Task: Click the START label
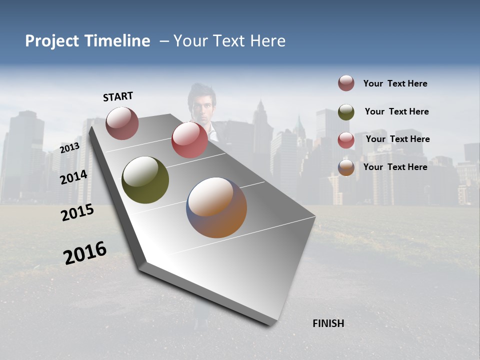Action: coord(118,96)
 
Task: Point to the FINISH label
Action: coord(328,323)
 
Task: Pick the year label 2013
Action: coord(69,148)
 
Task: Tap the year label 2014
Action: coord(73,177)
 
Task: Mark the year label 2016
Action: coord(85,253)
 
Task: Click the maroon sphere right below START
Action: coord(122,123)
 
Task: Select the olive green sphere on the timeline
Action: coord(145,180)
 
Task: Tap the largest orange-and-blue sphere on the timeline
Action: coord(216,207)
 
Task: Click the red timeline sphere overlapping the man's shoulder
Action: coord(189,139)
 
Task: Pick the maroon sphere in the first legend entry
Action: coord(346,83)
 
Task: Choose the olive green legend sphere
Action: coord(346,112)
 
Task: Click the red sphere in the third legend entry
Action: coord(346,140)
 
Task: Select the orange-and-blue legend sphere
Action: coord(346,167)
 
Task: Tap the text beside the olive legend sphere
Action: coord(396,111)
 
